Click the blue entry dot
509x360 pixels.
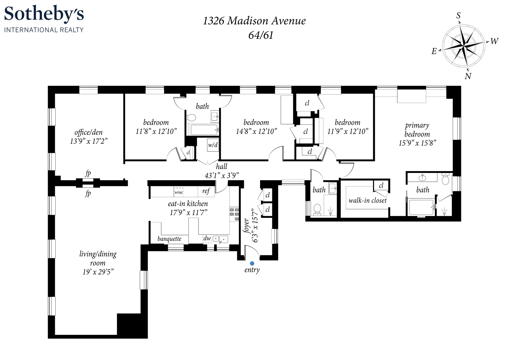(252, 263)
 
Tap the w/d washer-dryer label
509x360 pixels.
(213, 145)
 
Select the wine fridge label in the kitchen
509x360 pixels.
(179, 192)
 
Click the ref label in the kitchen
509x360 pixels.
(206, 191)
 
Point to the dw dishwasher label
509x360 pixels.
(207, 238)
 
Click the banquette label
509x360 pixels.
(169, 239)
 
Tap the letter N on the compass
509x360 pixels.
(468, 76)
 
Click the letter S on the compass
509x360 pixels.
(458, 16)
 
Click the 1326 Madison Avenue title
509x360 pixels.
(254, 21)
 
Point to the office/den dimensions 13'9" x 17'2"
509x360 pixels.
(89, 141)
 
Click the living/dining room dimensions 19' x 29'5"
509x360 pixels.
(98, 272)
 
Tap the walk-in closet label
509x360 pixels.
(368, 200)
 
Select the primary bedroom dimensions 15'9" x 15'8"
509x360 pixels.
(418, 143)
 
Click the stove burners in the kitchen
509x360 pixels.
(234, 214)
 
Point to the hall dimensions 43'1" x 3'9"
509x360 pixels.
(222, 175)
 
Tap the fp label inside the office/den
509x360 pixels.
(88, 174)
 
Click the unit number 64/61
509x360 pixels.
(261, 35)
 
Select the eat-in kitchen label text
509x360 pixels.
(188, 203)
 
